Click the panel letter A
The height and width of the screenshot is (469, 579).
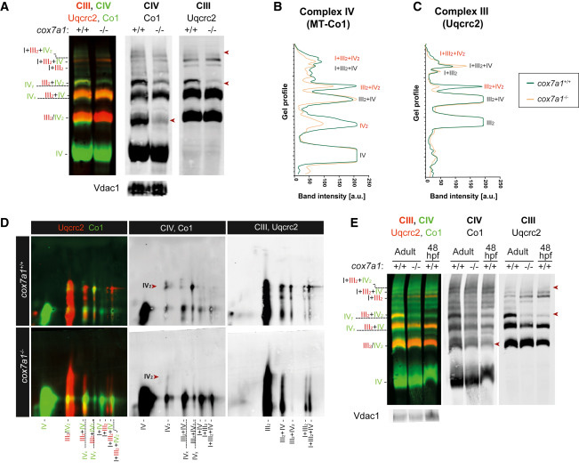6,7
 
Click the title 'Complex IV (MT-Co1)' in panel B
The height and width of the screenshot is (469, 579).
326,17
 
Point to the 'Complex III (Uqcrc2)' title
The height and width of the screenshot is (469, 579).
457,17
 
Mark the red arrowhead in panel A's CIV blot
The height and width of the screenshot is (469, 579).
173,118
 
